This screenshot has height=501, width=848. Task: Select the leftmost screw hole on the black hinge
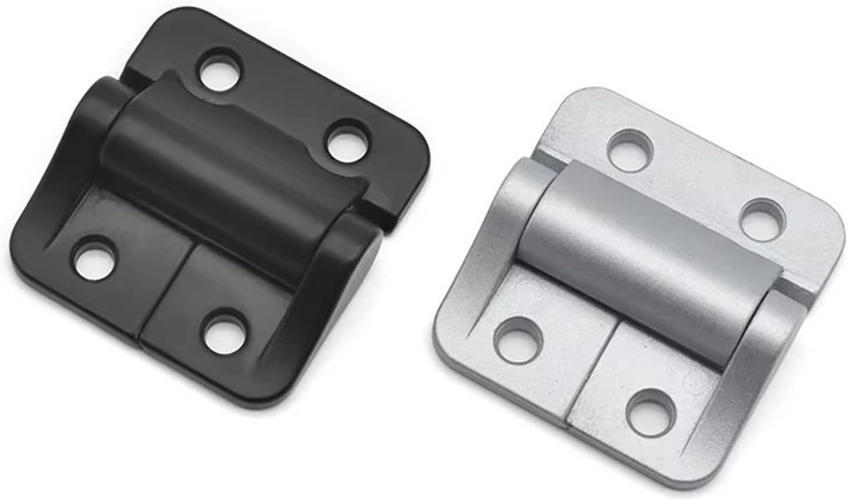(94, 257)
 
